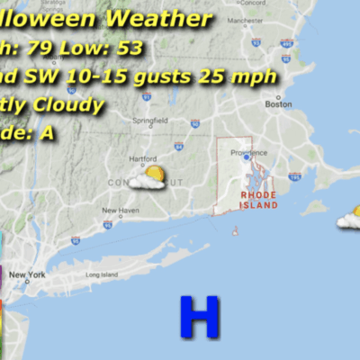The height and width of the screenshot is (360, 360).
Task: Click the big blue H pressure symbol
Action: (x=199, y=316)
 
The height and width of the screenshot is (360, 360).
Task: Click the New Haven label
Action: (x=120, y=211)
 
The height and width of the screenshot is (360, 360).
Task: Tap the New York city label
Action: (x=28, y=274)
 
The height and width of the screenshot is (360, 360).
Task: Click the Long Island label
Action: (x=101, y=274)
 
